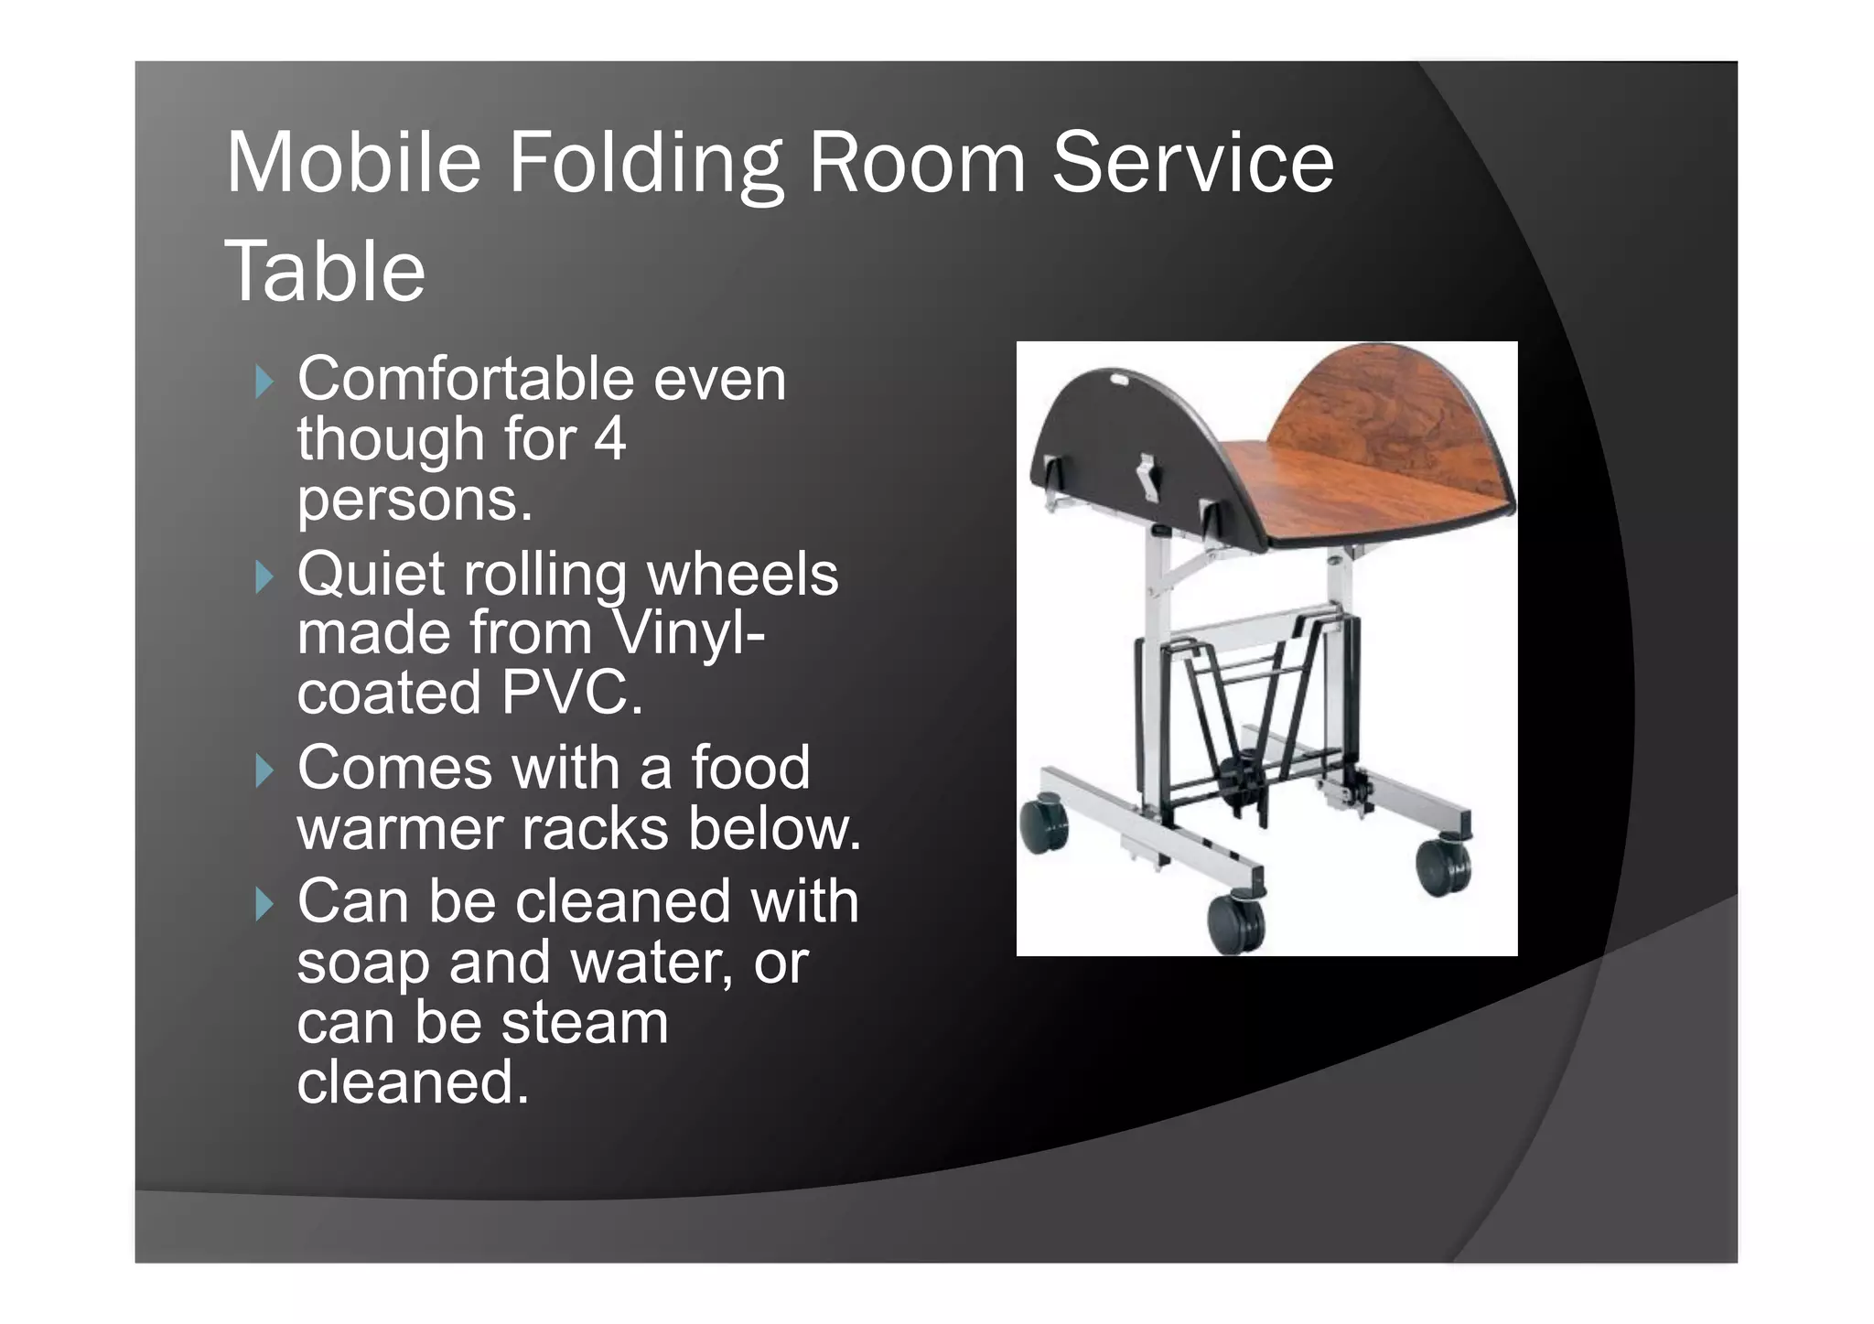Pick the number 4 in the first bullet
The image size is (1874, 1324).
[x=610, y=439]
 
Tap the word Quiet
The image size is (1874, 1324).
[x=370, y=576]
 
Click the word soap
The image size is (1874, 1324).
[x=362, y=963]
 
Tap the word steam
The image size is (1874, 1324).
[x=585, y=1022]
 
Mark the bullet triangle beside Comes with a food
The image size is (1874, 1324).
[x=264, y=771]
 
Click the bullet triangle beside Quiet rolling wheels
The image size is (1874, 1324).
[x=264, y=577]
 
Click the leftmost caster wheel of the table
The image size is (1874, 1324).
[x=1044, y=826]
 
